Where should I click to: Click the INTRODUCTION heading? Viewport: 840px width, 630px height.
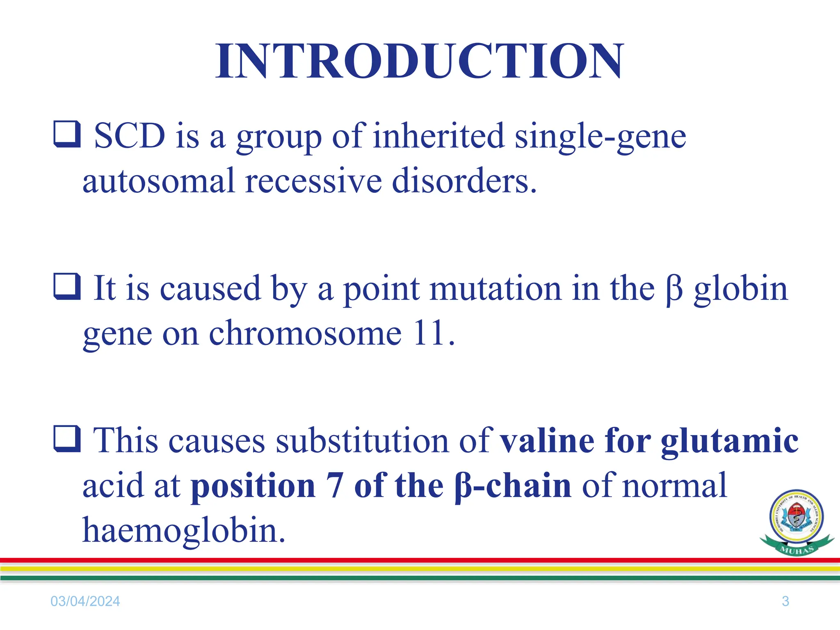coord(420,62)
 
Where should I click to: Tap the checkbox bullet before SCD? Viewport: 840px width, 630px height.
coord(67,134)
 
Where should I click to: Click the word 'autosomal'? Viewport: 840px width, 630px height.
coord(158,181)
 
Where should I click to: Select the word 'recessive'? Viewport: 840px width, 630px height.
coord(313,181)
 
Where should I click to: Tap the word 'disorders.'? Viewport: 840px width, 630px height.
coord(464,181)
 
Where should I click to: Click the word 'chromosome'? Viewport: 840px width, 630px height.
coord(305,333)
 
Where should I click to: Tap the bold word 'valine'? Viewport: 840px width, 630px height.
coord(547,441)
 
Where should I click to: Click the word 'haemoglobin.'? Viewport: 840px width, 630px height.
coord(184,530)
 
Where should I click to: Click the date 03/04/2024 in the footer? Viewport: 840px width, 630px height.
coord(85,601)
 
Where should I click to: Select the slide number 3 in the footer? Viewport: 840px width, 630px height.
coord(785,601)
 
